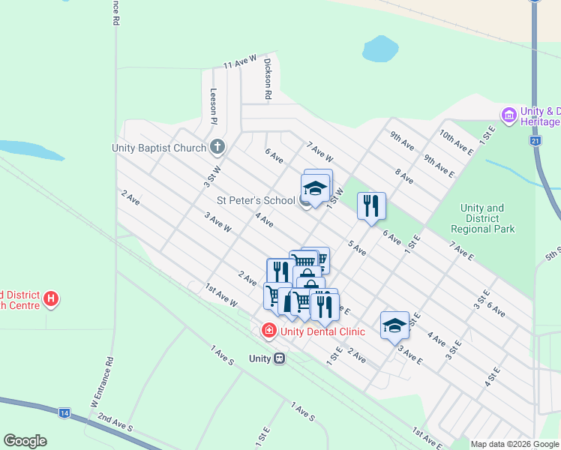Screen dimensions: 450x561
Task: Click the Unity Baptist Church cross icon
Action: [x=217, y=146]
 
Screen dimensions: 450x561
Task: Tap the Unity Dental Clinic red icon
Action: [x=268, y=330]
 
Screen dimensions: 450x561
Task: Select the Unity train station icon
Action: [x=279, y=358]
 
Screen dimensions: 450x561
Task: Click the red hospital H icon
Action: [x=51, y=299]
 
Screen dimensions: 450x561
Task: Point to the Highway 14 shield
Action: [x=64, y=412]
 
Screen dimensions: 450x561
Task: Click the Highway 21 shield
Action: [x=535, y=140]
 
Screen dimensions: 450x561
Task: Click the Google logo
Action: [x=25, y=441]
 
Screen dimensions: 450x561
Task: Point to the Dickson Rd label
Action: [x=266, y=80]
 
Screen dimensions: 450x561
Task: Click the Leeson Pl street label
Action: [x=214, y=106]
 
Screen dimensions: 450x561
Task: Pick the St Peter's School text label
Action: [x=256, y=200]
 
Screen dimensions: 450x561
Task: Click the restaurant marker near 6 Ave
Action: [x=371, y=205]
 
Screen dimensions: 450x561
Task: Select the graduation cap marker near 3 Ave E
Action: [x=394, y=325]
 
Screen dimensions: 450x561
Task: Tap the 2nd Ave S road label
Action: [x=115, y=422]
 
